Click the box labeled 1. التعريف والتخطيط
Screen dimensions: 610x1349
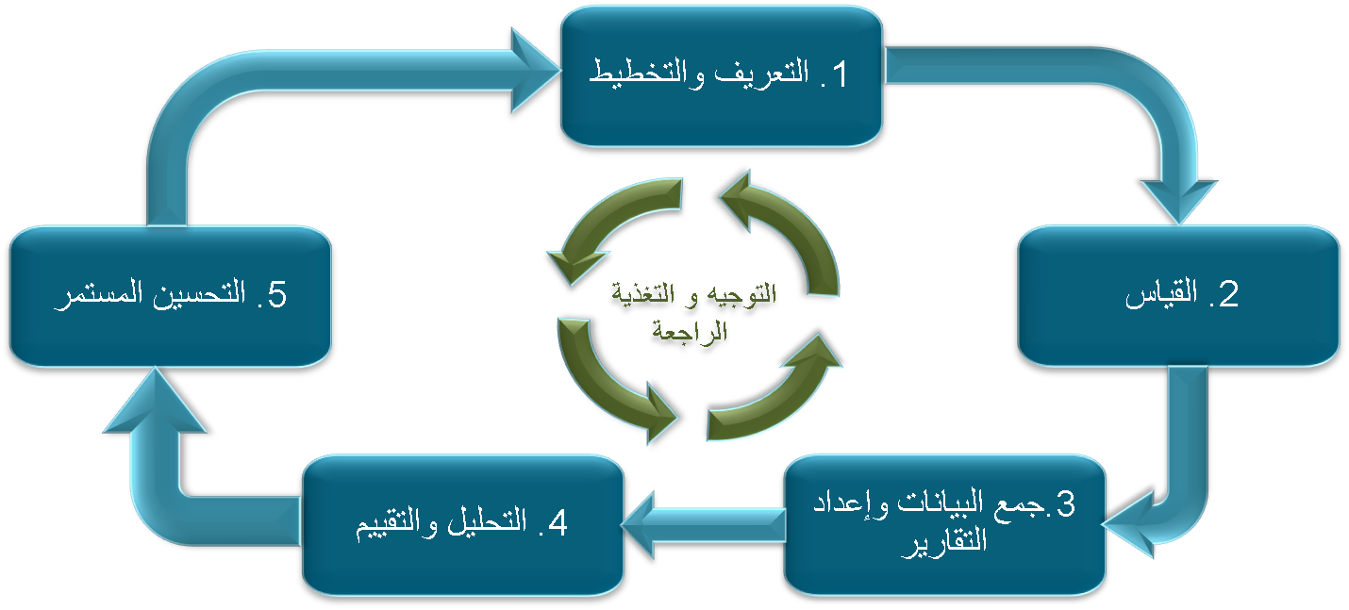722,75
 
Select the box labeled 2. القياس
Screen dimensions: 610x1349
1178,295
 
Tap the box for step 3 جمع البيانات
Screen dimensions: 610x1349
944,524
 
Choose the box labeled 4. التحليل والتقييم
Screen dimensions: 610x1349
462,524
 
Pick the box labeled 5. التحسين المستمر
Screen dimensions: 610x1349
170,295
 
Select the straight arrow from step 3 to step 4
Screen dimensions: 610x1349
703,524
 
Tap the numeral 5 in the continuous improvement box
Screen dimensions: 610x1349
275,295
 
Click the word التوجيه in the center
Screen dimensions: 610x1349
744,294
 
